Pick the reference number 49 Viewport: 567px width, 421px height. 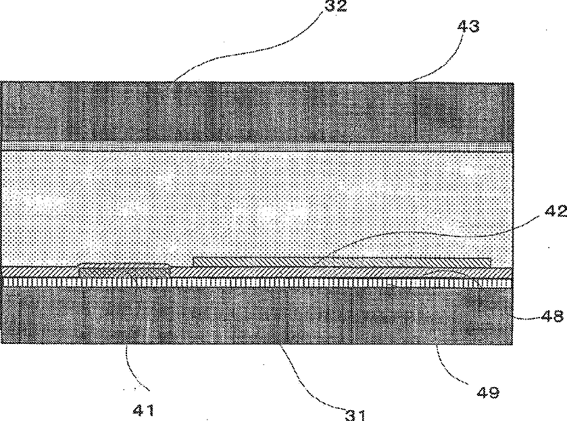(x=485, y=391)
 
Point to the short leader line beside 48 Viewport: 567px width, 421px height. (x=524, y=314)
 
